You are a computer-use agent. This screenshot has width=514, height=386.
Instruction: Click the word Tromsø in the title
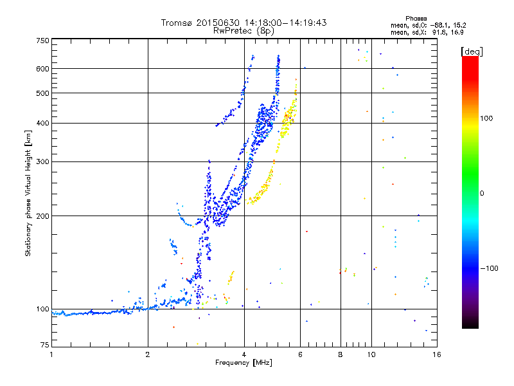pos(177,23)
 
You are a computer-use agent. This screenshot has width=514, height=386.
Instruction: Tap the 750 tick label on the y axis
pos(42,41)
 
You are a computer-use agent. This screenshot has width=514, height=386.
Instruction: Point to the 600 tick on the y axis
pos(42,69)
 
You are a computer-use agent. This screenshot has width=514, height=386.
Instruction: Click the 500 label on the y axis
pos(42,93)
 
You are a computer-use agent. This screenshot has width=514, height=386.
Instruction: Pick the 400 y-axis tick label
pos(42,124)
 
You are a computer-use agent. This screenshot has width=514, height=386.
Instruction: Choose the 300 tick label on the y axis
pos(42,162)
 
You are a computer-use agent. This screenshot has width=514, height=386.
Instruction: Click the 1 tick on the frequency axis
pos(51,354)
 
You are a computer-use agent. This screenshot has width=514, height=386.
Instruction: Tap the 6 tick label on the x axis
pos(300,354)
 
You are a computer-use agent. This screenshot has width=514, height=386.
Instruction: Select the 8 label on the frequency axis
pos(341,354)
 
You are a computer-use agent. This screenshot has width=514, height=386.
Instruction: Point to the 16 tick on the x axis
pos(436,354)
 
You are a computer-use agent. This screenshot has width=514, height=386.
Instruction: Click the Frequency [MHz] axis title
pos(244,363)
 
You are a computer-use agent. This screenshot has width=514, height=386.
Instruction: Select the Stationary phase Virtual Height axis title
pos(28,193)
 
